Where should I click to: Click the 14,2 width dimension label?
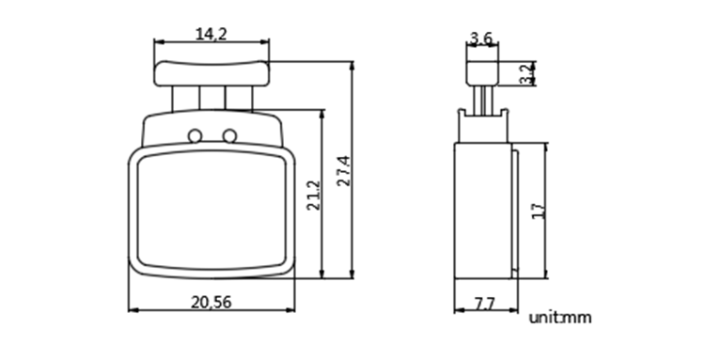tap(211, 34)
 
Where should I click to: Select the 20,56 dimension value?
tap(211, 303)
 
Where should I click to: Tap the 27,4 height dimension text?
tap(344, 170)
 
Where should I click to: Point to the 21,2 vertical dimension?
tap(314, 196)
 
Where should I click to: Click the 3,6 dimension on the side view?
tap(481, 39)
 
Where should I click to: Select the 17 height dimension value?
tap(539, 211)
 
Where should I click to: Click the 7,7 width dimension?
tap(485, 305)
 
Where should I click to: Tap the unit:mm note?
tap(560, 318)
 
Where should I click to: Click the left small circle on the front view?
tap(195, 135)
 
